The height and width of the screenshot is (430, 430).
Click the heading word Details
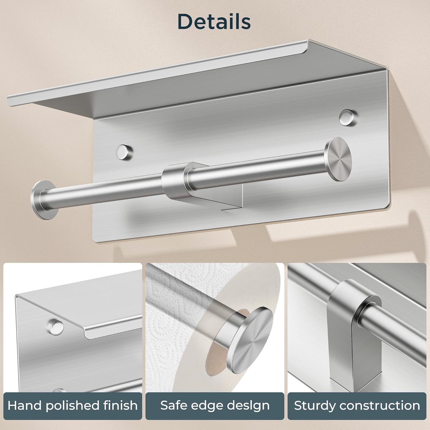[x=214, y=21]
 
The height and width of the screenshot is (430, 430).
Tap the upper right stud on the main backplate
[x=346, y=117]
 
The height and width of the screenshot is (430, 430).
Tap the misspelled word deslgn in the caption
[x=247, y=406]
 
